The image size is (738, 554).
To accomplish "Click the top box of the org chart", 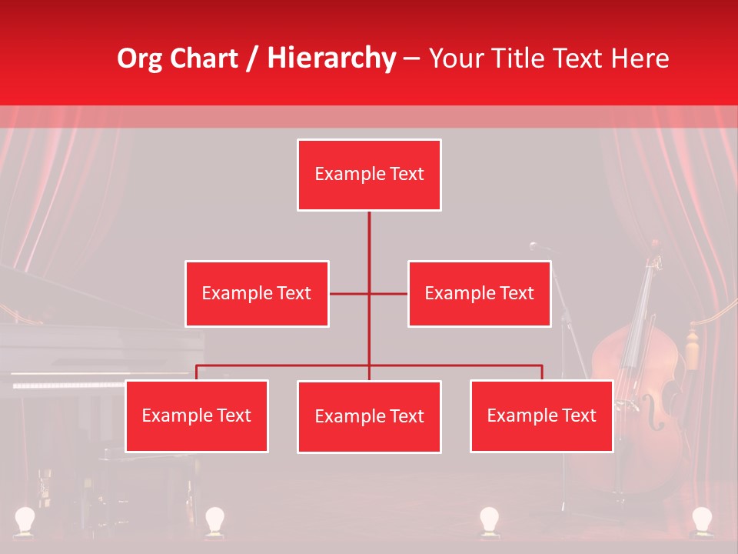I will (369, 175).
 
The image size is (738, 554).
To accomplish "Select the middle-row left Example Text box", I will (257, 293).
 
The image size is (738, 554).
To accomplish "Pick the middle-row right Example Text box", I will (479, 293).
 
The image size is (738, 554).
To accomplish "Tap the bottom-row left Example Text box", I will (196, 415).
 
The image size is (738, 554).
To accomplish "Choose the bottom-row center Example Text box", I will (369, 416).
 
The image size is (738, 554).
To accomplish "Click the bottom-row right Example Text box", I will (541, 415).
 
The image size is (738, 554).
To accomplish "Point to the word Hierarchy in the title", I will (331, 58).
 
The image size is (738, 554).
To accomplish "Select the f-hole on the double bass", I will (653, 412).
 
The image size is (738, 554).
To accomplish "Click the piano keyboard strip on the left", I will (69, 384).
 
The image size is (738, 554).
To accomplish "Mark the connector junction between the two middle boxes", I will (369, 293).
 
